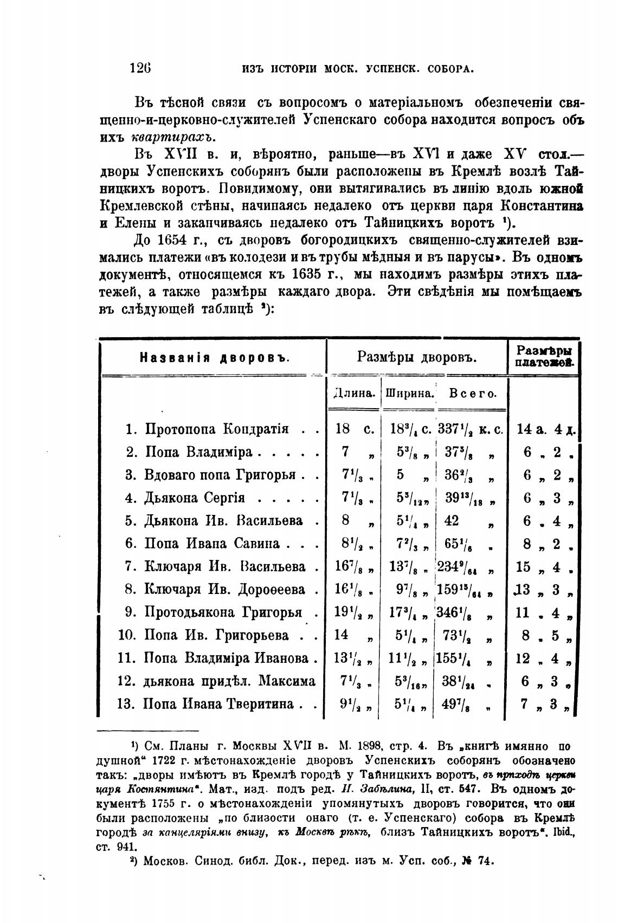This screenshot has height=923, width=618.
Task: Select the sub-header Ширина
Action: point(409,393)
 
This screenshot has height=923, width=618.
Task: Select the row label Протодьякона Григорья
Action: point(222,612)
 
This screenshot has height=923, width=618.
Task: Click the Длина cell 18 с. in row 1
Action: point(354,429)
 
